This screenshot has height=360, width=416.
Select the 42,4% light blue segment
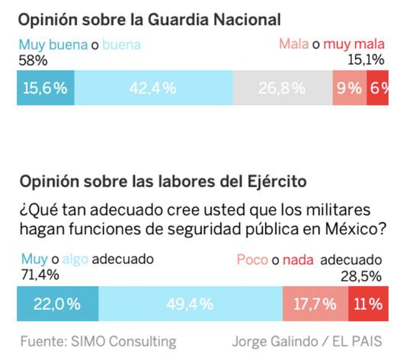(x=153, y=88)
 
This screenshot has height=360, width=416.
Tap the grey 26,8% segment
(x=281, y=88)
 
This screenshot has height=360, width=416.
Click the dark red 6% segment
(x=377, y=88)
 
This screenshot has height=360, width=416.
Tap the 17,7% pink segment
(x=315, y=304)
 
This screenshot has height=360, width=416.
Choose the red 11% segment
(x=368, y=304)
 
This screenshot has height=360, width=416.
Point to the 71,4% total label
(x=36, y=274)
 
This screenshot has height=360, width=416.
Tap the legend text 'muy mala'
(x=354, y=45)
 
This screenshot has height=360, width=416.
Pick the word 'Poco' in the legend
(x=252, y=260)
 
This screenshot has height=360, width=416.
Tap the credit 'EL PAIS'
(x=357, y=340)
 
